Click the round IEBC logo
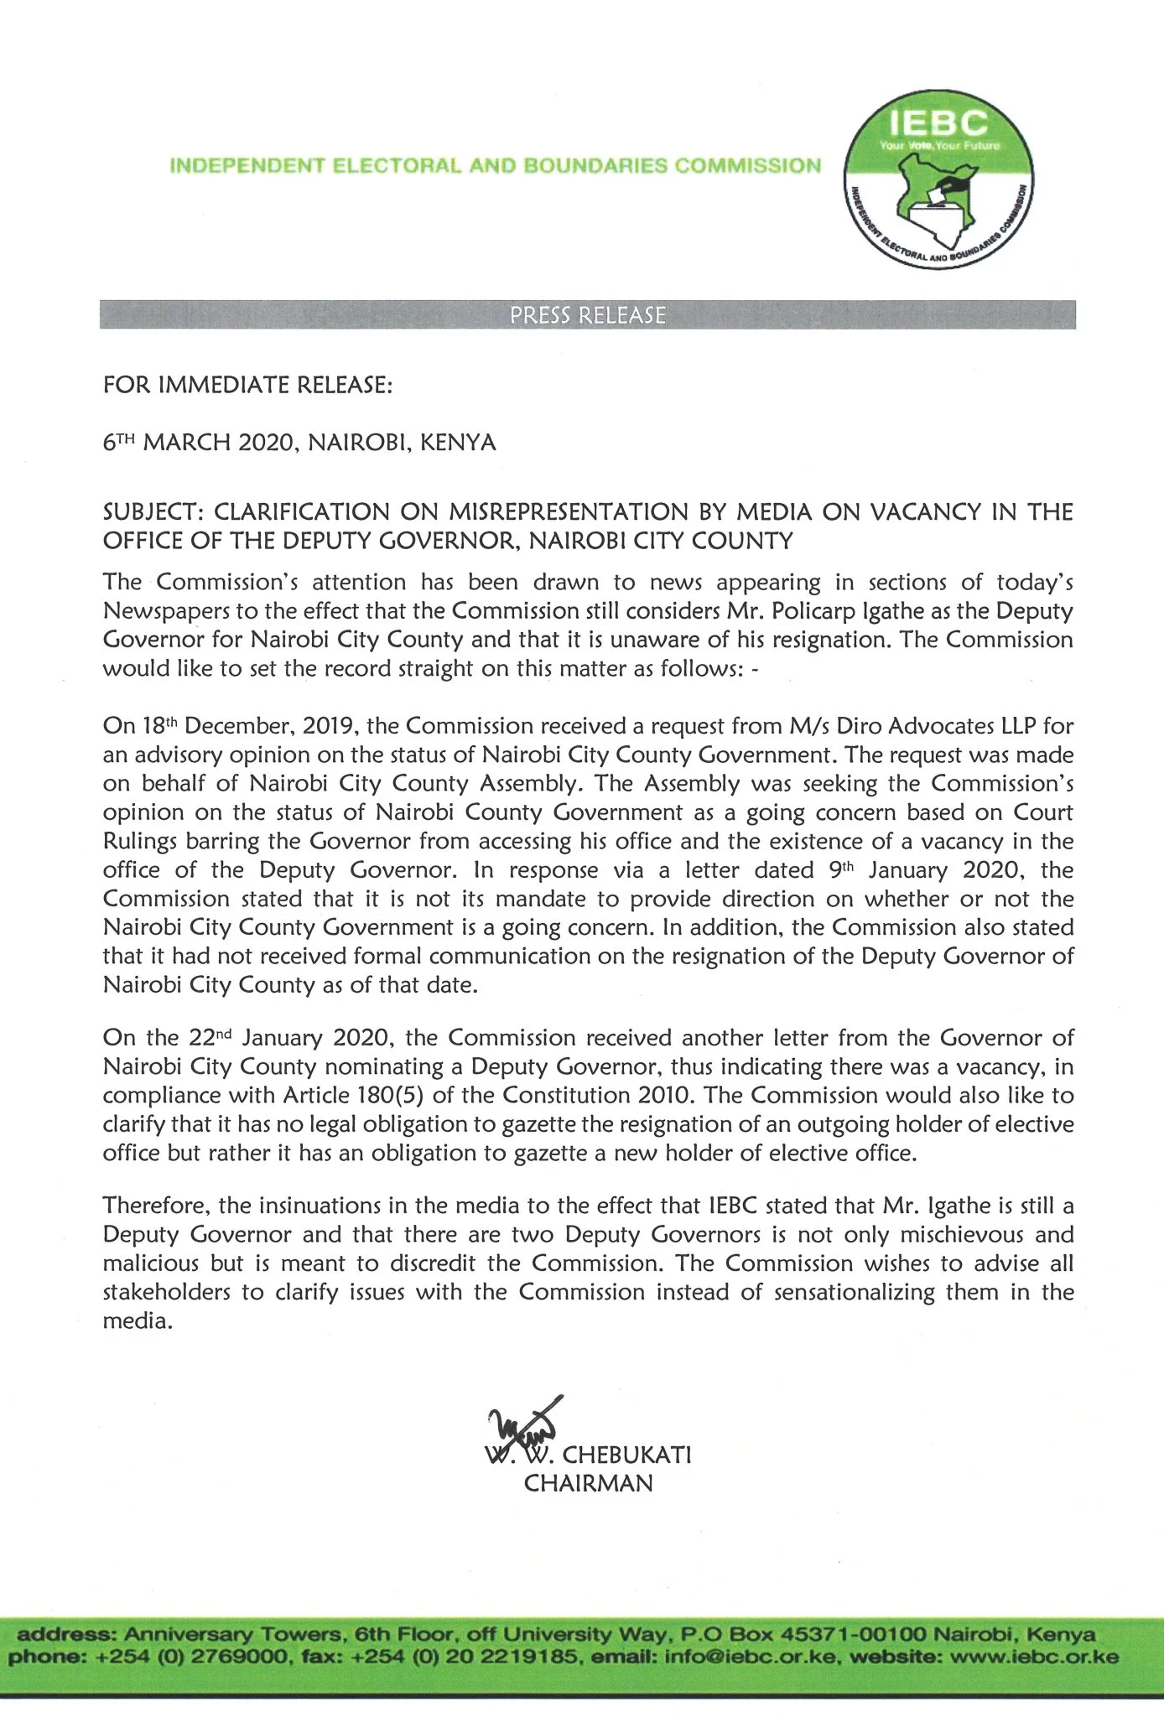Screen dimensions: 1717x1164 click(938, 180)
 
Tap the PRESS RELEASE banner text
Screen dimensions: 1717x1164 click(588, 315)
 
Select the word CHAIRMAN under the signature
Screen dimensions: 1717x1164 click(588, 1483)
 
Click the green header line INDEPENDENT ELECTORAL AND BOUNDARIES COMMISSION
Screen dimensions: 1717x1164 click(495, 165)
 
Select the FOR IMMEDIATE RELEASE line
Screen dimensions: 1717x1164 click(247, 385)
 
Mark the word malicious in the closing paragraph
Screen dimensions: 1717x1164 click(151, 1263)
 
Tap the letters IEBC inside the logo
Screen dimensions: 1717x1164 click(938, 124)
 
